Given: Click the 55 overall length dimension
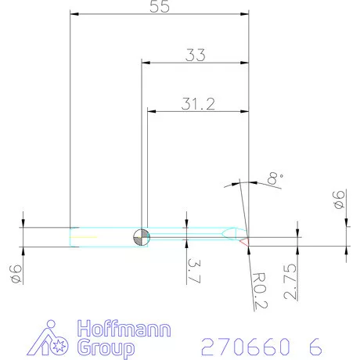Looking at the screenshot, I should [x=159, y=6].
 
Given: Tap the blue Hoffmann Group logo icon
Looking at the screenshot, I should [x=42, y=337].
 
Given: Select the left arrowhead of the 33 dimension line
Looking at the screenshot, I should [x=145, y=63].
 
